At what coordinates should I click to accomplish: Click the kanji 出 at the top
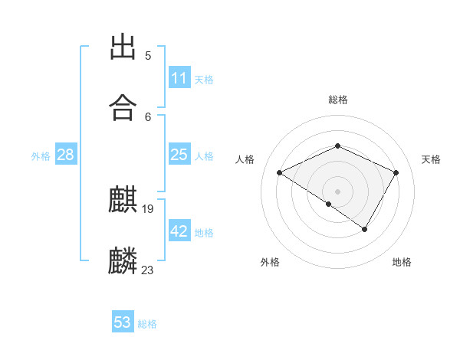pyautogui.click(x=123, y=48)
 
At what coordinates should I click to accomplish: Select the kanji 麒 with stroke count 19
pyautogui.click(x=123, y=201)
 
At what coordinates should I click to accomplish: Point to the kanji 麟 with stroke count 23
pyautogui.click(x=123, y=260)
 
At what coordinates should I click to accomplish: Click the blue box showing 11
pyautogui.click(x=179, y=78)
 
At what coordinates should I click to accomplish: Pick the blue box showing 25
pyautogui.click(x=179, y=155)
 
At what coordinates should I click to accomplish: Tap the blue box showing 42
pyautogui.click(x=179, y=231)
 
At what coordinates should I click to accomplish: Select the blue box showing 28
pyautogui.click(x=66, y=155)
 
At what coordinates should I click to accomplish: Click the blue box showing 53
pyautogui.click(x=123, y=322)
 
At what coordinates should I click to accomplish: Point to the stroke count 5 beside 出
pyautogui.click(x=148, y=56)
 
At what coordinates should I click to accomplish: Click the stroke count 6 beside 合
pyautogui.click(x=148, y=116)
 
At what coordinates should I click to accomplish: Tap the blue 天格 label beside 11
pyautogui.click(x=204, y=79)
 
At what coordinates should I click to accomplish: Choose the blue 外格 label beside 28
pyautogui.click(x=41, y=155)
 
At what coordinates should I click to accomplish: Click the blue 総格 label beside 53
pyautogui.click(x=147, y=323)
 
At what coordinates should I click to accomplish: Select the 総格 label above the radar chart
pyautogui.click(x=337, y=100)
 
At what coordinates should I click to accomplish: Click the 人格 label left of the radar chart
pyautogui.click(x=245, y=159)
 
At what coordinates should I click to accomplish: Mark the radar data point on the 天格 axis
pyautogui.click(x=396, y=172)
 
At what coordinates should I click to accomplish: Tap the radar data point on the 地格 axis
pyautogui.click(x=365, y=229)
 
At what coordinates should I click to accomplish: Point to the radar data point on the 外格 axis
pyautogui.click(x=329, y=204)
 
